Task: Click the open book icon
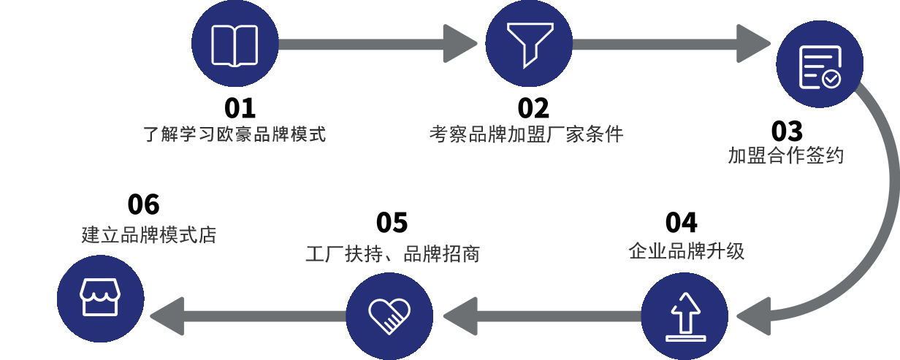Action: coord(234,45)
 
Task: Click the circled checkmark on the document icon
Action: coord(831,78)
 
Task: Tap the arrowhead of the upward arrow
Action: coord(684,300)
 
